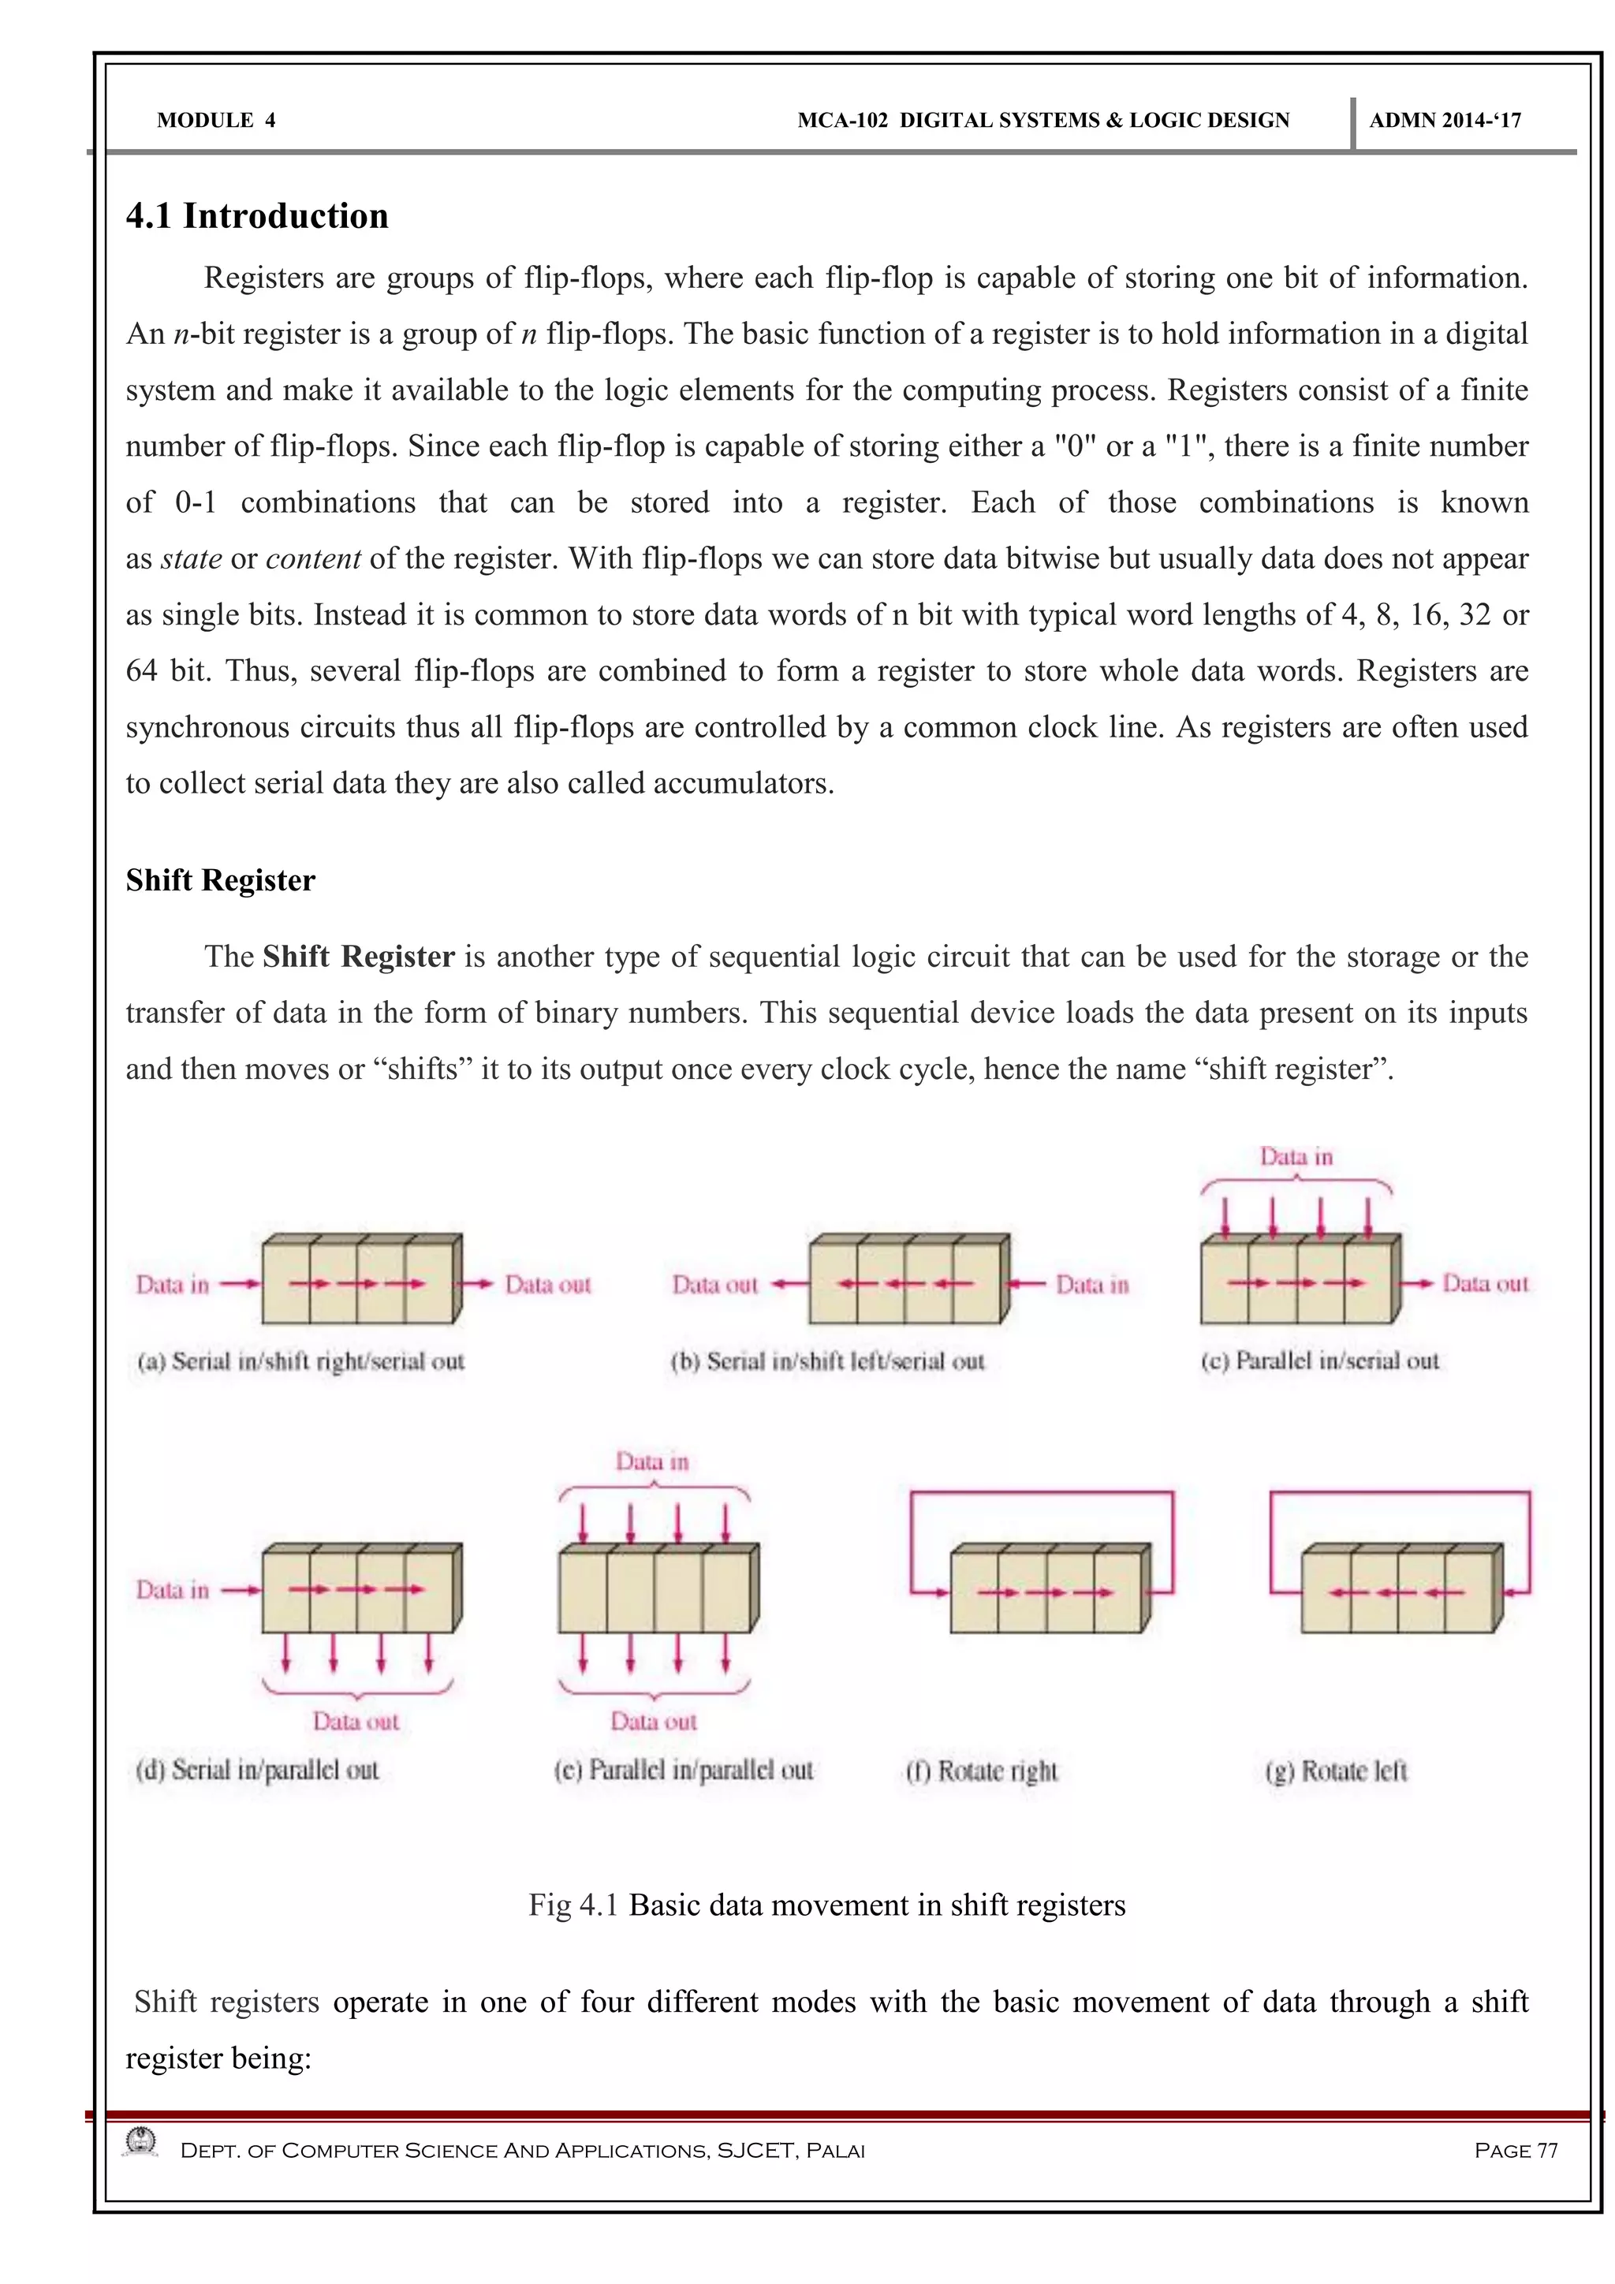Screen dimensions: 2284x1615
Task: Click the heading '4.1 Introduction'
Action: tap(256, 216)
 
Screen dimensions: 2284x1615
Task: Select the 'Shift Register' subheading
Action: tap(220, 880)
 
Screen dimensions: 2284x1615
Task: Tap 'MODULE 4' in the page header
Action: tap(216, 121)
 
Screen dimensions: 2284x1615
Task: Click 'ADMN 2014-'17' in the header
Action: tap(1444, 121)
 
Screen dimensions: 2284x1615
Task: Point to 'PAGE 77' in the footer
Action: tap(1515, 2150)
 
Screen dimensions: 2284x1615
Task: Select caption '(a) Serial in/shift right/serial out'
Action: tap(300, 1360)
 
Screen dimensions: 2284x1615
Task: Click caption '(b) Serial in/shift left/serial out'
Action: tap(826, 1360)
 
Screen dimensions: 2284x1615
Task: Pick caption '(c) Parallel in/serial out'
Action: tap(1318, 1360)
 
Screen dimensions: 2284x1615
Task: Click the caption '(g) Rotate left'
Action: tap(1336, 1771)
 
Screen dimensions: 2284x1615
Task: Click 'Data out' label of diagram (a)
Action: tap(547, 1284)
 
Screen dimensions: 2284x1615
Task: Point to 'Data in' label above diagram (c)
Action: tap(1296, 1156)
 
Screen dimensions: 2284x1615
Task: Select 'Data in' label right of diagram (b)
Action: tap(1092, 1284)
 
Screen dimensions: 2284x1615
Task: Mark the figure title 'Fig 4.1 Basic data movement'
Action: tap(826, 1904)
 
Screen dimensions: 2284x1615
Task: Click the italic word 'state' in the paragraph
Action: tap(191, 558)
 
